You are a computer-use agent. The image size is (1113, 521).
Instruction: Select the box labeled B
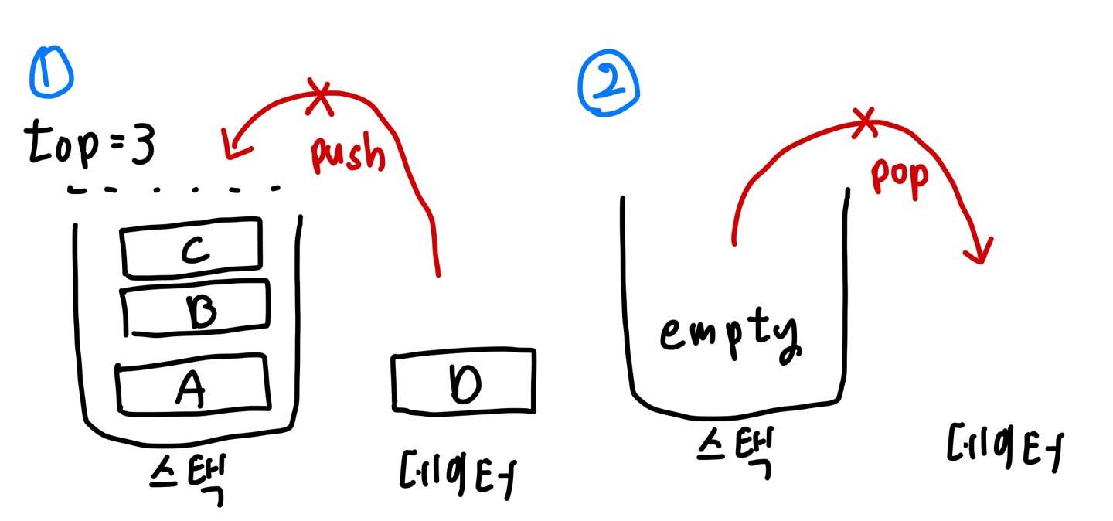198,309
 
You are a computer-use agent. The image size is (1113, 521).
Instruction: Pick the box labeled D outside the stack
462,380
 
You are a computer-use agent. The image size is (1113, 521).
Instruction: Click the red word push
348,155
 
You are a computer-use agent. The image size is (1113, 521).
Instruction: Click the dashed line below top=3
174,189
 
